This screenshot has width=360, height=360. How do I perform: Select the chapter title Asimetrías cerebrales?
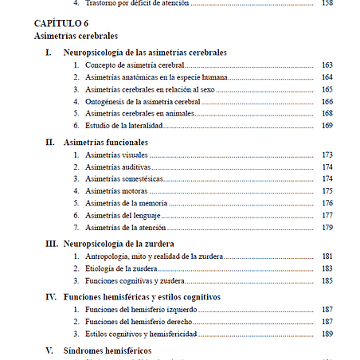(76, 36)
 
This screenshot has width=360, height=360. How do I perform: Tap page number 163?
(327, 65)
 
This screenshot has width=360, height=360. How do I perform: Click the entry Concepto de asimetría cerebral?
(135, 65)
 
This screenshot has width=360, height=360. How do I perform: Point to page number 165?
(327, 89)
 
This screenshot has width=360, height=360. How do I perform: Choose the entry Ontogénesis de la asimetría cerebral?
(143, 101)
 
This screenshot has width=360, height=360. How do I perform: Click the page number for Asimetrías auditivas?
(327, 166)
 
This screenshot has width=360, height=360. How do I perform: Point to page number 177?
(327, 216)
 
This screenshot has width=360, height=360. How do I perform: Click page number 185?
(327, 280)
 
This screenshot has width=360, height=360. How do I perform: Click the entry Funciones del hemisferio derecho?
(140, 321)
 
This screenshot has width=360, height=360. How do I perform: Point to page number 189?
(327, 334)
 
